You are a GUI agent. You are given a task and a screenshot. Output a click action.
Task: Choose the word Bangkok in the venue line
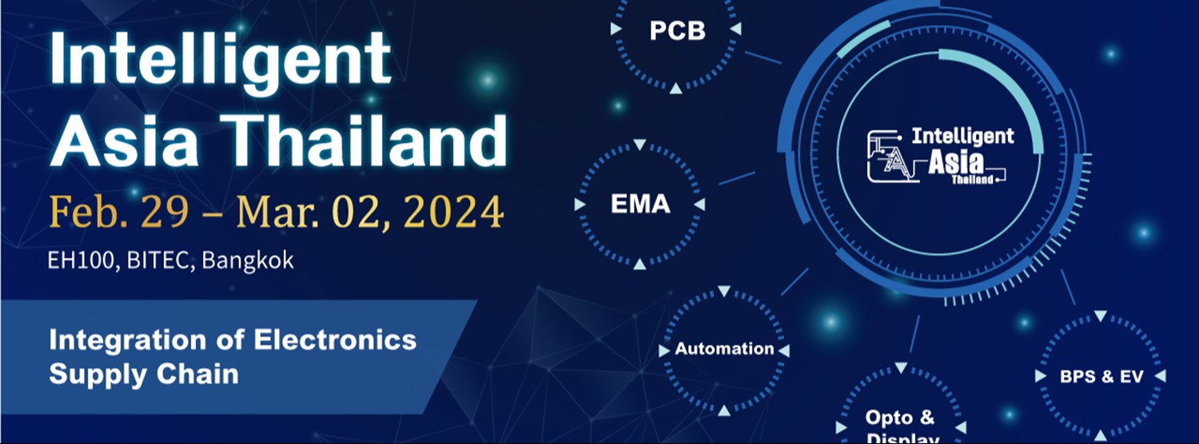tap(248, 260)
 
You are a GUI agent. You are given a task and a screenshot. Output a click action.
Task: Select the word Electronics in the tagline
tap(335, 339)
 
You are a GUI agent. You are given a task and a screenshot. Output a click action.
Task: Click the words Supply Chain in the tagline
tap(144, 373)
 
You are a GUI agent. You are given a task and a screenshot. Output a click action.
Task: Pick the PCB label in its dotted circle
tap(677, 31)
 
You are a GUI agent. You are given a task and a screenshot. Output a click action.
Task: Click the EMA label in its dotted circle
tap(640, 204)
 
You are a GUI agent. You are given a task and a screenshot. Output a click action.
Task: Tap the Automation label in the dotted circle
tap(724, 349)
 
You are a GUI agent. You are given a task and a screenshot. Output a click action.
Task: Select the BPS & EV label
tap(1101, 376)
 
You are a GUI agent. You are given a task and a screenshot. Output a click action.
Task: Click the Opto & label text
tap(899, 418)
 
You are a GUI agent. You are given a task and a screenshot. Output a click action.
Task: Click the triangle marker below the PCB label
tap(676, 87)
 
